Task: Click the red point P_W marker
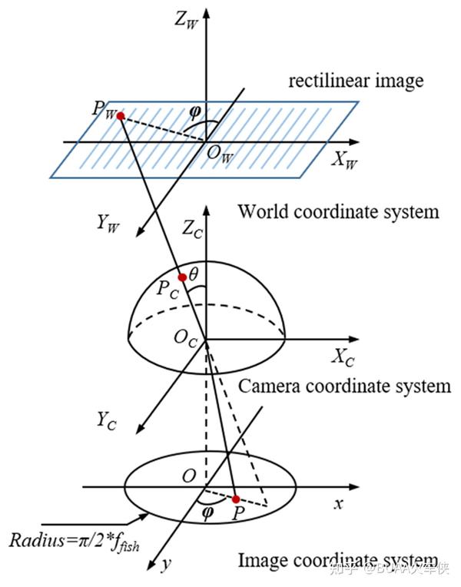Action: point(120,116)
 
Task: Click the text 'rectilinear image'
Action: point(356,80)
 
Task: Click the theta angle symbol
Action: point(194,274)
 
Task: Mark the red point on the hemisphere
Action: point(181,277)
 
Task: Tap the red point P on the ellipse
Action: point(236,499)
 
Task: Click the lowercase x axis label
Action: point(337,505)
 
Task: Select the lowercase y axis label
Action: point(165,564)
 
